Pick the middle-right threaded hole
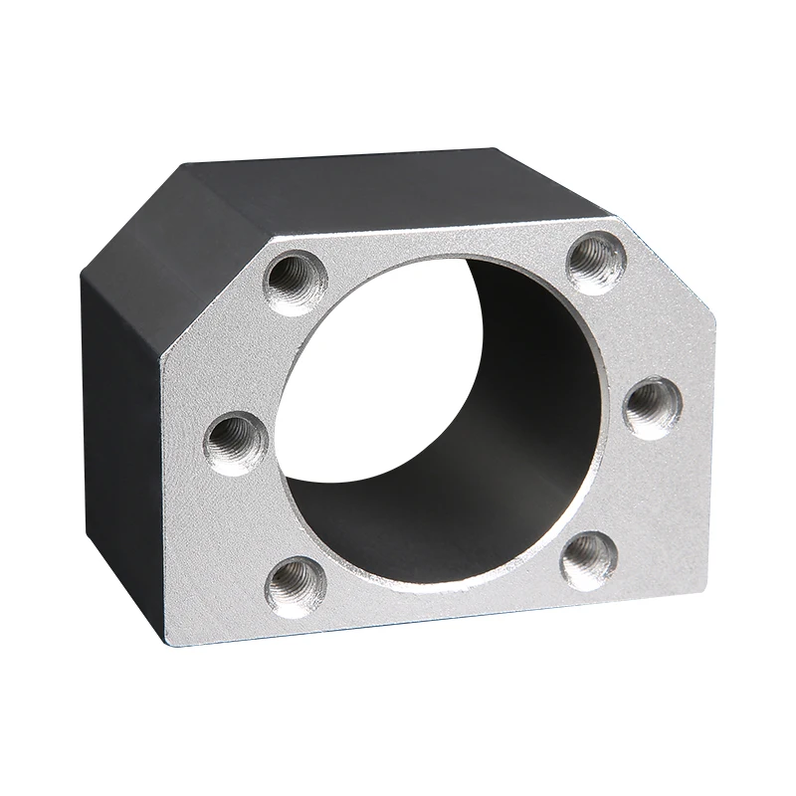652,406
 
